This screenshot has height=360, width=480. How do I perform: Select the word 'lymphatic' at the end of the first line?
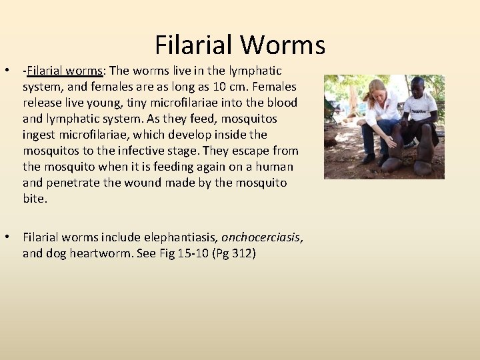tap(257, 71)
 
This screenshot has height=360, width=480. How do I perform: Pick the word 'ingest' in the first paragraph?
tap(39, 135)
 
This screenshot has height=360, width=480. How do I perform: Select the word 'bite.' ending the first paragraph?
tap(35, 199)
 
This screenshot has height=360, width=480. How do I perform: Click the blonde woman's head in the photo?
tap(377, 89)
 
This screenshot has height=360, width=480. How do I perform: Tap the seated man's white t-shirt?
tap(421, 107)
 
